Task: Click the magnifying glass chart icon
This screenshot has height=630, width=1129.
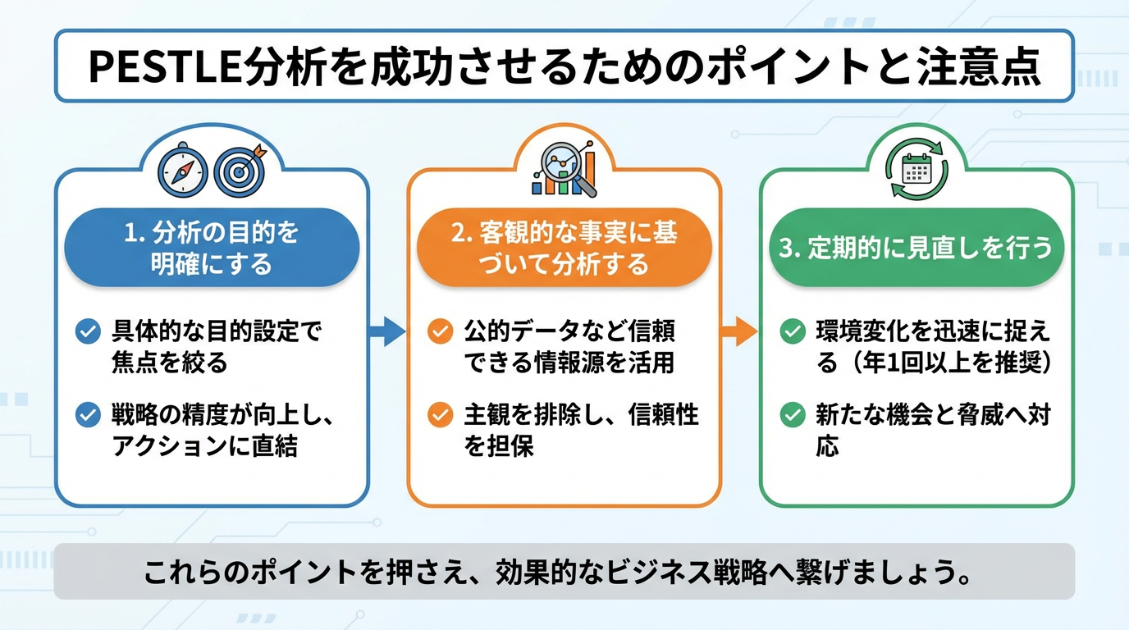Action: click(x=564, y=168)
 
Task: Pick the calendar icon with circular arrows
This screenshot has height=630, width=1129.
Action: click(x=916, y=171)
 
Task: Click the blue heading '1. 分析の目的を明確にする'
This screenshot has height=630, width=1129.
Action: click(x=212, y=248)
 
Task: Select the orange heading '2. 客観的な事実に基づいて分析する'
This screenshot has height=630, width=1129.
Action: click(x=564, y=248)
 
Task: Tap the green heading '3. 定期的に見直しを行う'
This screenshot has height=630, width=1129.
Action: click(x=916, y=248)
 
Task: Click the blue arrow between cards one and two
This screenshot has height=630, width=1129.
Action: click(x=387, y=331)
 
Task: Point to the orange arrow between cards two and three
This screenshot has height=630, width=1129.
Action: click(x=739, y=331)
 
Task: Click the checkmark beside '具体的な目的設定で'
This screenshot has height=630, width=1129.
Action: click(x=88, y=332)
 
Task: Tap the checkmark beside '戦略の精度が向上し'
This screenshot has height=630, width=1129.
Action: click(x=88, y=415)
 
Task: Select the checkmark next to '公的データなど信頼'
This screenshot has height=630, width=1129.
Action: click(x=441, y=332)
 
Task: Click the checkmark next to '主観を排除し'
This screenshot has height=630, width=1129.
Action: click(x=441, y=415)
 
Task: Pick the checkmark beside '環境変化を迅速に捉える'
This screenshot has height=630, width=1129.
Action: click(x=793, y=332)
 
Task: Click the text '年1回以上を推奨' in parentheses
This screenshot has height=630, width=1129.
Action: click(x=949, y=363)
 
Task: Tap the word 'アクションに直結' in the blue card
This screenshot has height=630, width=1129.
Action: click(x=204, y=447)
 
